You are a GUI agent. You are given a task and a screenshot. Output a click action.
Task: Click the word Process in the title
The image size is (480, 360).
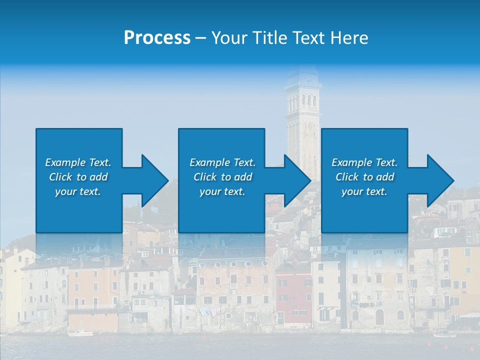[157, 38]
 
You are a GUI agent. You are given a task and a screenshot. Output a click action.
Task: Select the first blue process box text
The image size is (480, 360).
[78, 177]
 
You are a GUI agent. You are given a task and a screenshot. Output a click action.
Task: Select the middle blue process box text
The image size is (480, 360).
[222, 177]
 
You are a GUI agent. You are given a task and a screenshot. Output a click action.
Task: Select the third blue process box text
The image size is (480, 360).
[364, 177]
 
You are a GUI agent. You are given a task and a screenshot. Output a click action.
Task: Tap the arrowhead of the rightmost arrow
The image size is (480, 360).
[442, 180]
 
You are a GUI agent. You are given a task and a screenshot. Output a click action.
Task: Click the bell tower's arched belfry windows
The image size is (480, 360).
[303, 102]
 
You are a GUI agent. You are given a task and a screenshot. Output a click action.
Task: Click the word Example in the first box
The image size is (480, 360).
[65, 162]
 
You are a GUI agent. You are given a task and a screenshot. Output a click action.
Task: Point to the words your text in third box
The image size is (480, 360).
[364, 191]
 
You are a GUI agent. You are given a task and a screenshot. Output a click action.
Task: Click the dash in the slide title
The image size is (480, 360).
[201, 38]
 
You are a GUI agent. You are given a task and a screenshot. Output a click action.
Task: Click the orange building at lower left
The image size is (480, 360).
[92, 290]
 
